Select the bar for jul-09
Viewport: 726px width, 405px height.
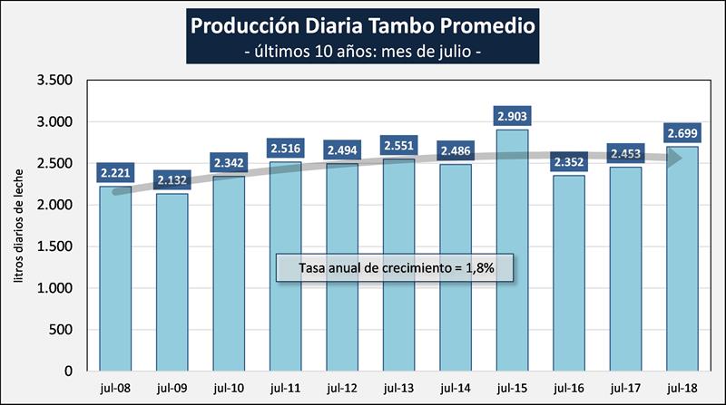coord(172,282)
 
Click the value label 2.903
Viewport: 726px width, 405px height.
coord(512,116)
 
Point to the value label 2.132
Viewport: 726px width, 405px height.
coord(172,179)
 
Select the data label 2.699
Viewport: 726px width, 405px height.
coord(682,133)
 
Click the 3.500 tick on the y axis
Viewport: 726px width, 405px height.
coord(55,81)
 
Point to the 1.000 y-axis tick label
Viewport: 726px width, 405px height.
coord(55,288)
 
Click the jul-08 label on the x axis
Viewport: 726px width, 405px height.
coord(114,388)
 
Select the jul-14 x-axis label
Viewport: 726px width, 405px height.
coord(456,388)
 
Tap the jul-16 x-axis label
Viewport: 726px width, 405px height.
coord(569,388)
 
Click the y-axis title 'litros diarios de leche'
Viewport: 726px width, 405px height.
coord(19,226)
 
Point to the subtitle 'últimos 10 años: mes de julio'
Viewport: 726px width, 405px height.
coord(363,51)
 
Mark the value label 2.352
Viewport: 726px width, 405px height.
coord(569,162)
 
